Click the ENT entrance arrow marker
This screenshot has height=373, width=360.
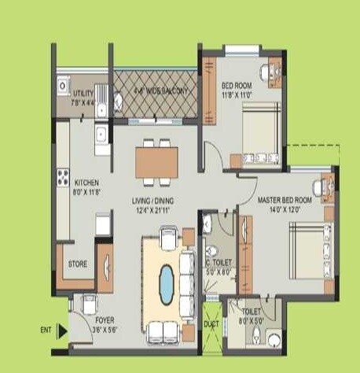click(x=62, y=331)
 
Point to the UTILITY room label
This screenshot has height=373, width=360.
click(x=83, y=94)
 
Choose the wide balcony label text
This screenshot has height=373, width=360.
click(x=160, y=91)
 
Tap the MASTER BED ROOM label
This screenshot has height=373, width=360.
click(x=285, y=201)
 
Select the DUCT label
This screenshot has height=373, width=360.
click(x=211, y=323)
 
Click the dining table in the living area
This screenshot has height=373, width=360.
click(x=157, y=163)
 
